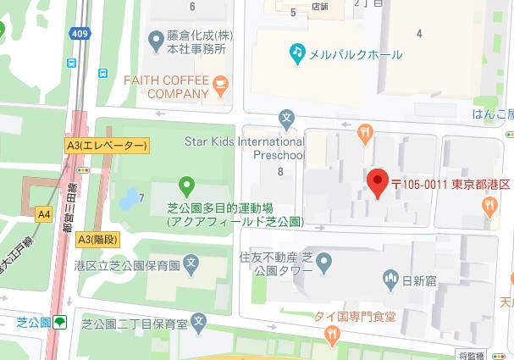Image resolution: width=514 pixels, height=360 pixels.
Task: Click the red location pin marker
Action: [x=377, y=182]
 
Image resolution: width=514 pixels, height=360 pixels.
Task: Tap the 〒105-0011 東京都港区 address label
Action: [x=450, y=185]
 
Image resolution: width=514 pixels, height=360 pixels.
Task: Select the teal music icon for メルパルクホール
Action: [x=296, y=53]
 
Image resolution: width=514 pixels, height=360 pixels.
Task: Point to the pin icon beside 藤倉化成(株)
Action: [x=155, y=39]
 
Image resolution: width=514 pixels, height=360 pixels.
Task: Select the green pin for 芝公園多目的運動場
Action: [x=187, y=184]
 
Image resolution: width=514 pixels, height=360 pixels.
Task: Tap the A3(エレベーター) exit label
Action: [x=107, y=146]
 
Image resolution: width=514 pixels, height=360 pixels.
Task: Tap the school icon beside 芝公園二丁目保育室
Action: [x=198, y=321]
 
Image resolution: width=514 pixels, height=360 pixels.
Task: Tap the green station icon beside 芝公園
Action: [x=60, y=322]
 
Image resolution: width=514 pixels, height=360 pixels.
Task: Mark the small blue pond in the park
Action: [x=127, y=199]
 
